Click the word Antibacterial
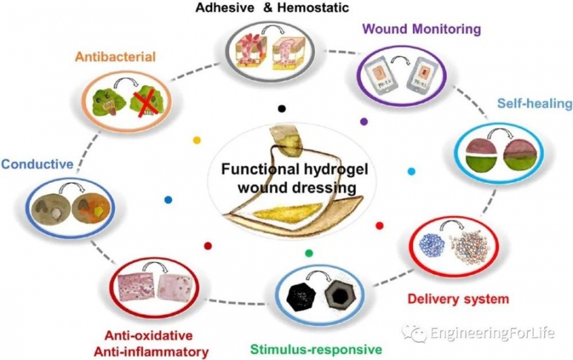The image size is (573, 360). [115, 57]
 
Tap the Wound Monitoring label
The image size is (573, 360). [423, 29]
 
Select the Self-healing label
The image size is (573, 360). [535, 104]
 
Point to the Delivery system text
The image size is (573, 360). [458, 299]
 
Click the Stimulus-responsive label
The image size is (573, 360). [316, 349]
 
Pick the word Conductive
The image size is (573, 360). [38, 164]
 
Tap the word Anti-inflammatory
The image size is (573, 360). [152, 352]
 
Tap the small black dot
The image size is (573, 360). [282, 108]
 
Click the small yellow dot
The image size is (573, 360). [197, 140]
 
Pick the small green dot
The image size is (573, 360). [309, 253]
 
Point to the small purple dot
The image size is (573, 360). [364, 122]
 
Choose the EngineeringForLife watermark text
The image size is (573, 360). [492, 333]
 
